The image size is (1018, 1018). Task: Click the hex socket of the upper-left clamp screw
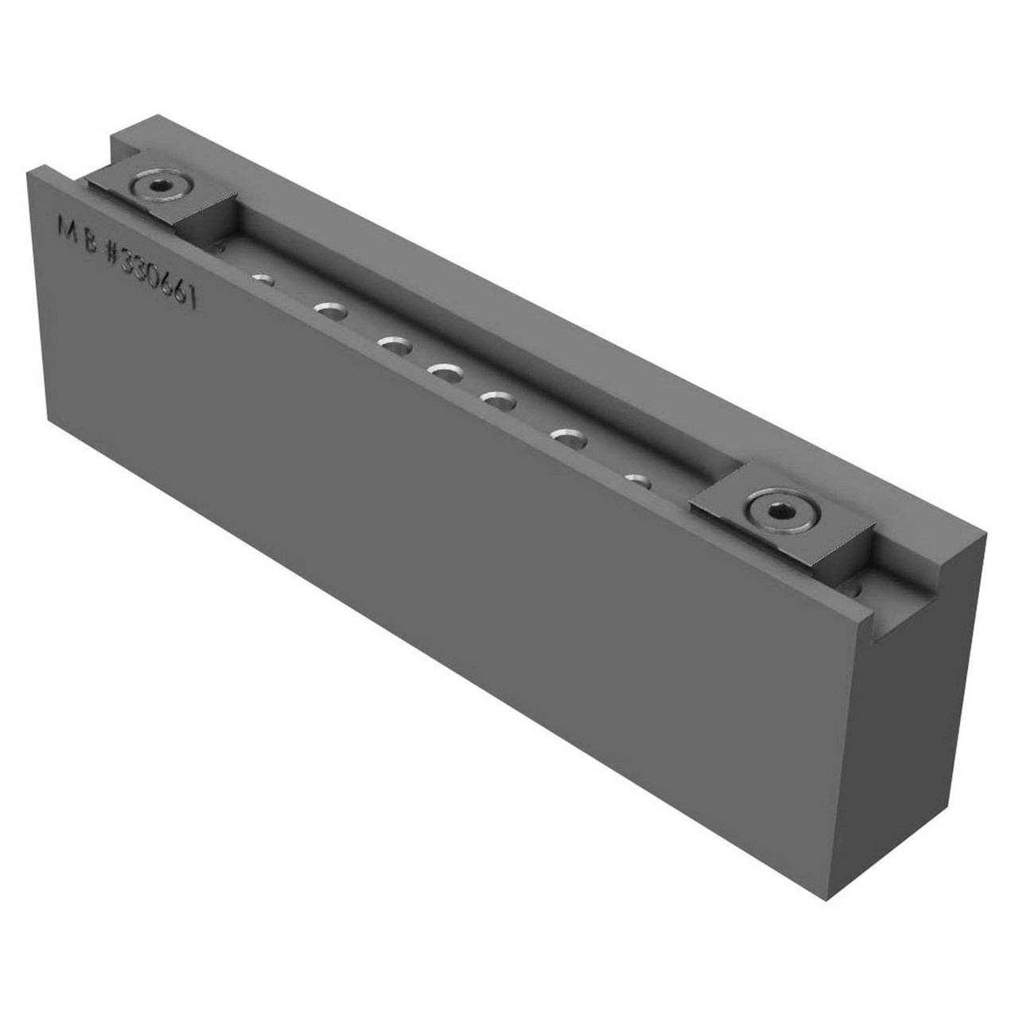(161, 186)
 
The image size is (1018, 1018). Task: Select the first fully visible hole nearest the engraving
(264, 279)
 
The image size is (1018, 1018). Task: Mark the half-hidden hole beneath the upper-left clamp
(219, 246)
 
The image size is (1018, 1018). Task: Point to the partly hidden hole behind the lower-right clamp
(856, 587)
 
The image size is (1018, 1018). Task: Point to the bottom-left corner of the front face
(51, 419)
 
